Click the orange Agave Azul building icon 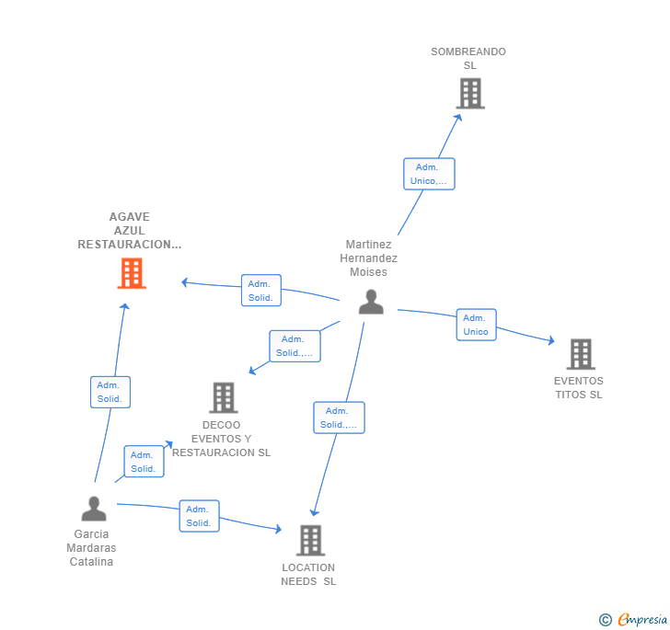tap(132, 273)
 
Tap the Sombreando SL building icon tap(469, 94)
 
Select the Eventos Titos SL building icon tap(580, 354)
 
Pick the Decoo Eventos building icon tap(223, 397)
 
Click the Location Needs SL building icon tap(310, 540)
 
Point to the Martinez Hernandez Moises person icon tap(371, 302)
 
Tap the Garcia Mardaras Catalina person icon tap(93, 509)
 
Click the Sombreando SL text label tap(468, 59)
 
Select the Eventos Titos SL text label tap(578, 388)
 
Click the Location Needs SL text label tap(308, 574)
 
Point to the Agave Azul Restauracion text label tap(130, 231)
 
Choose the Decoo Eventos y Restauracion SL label tap(221, 439)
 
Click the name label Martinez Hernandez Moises tap(368, 258)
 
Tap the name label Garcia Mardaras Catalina tap(91, 547)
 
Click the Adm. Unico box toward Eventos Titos tap(476, 325)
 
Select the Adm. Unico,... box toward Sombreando tap(429, 174)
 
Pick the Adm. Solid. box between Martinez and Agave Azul tap(260, 291)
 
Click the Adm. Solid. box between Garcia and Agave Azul tap(110, 392)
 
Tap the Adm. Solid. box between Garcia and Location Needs tap(199, 516)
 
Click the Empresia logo tap(633, 620)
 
